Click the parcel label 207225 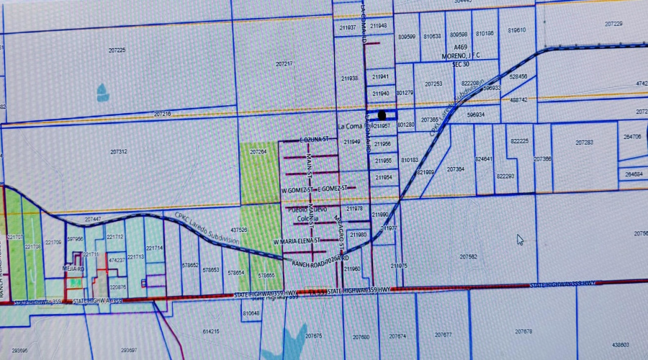[x=117, y=50]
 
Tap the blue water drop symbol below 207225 [x=102, y=91]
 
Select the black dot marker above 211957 [x=382, y=114]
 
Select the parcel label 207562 [x=469, y=256]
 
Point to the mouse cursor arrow [x=520, y=239]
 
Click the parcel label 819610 [x=517, y=30]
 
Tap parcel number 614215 [x=211, y=332]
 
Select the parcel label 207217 [x=284, y=64]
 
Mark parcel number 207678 [x=523, y=331]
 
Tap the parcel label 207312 [x=119, y=151]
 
